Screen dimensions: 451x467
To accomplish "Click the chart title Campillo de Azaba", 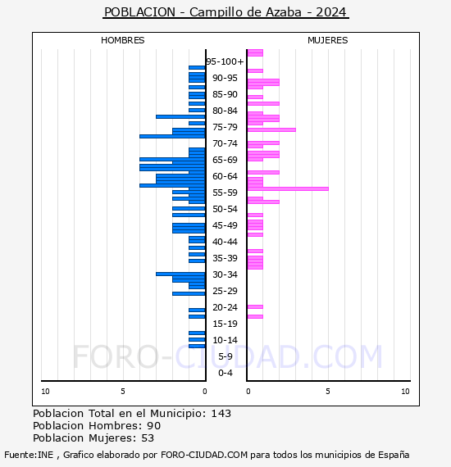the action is coord(246,12).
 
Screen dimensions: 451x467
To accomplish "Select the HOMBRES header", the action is coord(122,40).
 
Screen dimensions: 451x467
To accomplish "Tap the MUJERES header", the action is coord(328,40).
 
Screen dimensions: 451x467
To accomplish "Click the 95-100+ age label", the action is coord(225,61).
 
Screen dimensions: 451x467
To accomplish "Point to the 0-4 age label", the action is coord(225,373).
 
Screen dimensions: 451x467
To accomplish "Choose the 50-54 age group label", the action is coord(225,209).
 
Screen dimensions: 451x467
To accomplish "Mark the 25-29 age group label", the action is coord(225,291).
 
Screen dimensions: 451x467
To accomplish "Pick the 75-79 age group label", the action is coord(225,127).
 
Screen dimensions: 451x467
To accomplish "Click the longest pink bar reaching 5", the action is coord(288,188).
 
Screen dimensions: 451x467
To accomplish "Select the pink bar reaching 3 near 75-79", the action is coord(271,129).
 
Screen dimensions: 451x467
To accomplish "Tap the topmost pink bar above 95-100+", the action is coord(255,52).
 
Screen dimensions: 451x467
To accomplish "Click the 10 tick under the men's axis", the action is coord(45,392).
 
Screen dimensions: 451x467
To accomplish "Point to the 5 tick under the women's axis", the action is coord(328,392).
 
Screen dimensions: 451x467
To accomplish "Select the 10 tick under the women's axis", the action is coord(405,392).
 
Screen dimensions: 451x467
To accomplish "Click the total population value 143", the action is coord(221,414).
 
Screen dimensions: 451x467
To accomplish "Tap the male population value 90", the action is coord(154,426).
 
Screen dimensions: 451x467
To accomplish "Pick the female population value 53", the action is coord(148,438).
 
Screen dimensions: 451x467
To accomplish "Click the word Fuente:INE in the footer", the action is coord(29,455).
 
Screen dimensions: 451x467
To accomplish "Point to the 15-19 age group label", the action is coord(225,324).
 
